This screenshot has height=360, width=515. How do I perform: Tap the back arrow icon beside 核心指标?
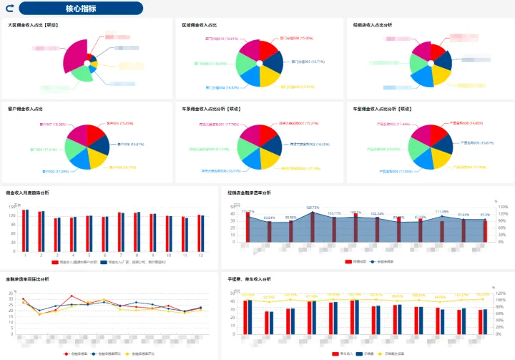coord(9,9)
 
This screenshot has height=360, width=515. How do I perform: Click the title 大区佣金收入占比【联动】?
coord(33,25)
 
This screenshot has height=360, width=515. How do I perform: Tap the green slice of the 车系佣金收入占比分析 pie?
coord(248,150)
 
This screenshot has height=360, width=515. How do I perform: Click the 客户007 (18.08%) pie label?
coord(52,124)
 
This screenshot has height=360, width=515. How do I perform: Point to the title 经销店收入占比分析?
coord(373,25)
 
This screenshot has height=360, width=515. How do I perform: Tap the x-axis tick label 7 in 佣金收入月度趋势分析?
coord(121,255)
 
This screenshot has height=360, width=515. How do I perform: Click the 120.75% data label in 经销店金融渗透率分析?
coord(313,208)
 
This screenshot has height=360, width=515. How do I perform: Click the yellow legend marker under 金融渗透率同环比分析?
coord(129,354)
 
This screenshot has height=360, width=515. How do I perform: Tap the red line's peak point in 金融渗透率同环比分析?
coord(72,296)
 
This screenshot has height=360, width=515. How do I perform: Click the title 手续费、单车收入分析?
coord(250,278)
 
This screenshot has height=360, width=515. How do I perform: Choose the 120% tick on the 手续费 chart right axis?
coord(501,293)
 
